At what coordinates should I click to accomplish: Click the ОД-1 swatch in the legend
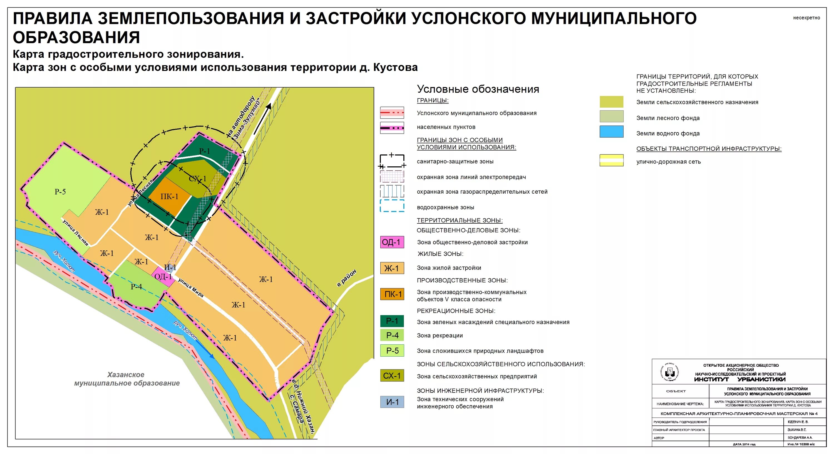(x=392, y=242)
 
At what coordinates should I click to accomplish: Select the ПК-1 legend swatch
(x=392, y=294)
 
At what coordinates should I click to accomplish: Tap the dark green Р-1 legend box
(x=392, y=321)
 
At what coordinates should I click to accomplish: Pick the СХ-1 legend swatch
(x=392, y=376)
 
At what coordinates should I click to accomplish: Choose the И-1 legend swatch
(x=392, y=402)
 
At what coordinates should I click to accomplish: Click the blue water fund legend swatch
(x=611, y=132)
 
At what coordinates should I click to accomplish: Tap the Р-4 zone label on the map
(x=136, y=287)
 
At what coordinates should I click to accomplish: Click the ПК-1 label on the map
(x=169, y=197)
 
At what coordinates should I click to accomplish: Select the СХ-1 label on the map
(x=197, y=179)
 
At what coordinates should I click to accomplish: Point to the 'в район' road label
(x=347, y=278)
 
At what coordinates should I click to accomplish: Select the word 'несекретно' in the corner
(x=806, y=18)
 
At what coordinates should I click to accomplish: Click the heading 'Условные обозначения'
(x=478, y=89)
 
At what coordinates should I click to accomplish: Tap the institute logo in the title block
(x=669, y=372)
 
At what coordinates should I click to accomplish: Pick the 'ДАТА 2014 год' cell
(x=744, y=444)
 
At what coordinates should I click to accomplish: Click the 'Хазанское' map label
(x=126, y=375)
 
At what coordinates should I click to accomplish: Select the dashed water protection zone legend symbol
(x=392, y=206)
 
